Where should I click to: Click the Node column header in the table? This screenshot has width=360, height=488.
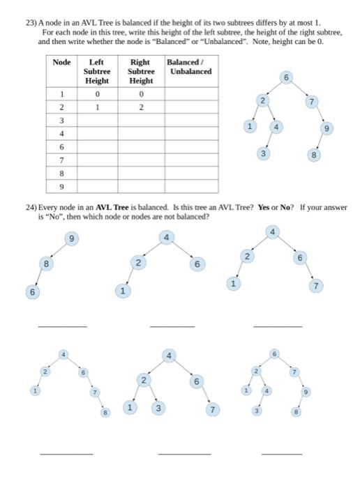pos(61,62)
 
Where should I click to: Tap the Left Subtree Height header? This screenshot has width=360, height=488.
pos(97,71)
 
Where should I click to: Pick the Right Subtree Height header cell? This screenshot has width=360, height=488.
pos(141,71)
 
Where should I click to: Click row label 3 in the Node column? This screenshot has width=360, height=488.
pos(61,120)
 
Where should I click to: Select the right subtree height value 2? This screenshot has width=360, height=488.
pos(141,107)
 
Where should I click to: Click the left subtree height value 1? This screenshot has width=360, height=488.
pos(97,107)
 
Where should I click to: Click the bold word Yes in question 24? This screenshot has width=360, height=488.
pos(264,207)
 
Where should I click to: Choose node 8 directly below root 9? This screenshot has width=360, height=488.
pos(47,264)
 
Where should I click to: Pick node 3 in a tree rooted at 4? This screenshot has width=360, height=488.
pos(159,408)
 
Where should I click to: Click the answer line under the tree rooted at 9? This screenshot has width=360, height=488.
pos(63,326)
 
